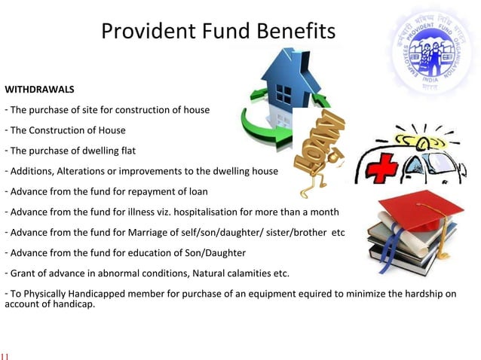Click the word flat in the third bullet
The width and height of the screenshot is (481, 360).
coord(133,151)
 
